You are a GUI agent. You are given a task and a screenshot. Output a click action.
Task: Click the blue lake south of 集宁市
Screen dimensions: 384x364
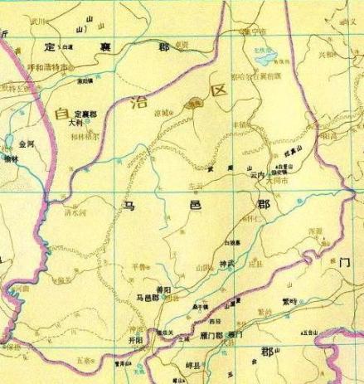click(x=264, y=60)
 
